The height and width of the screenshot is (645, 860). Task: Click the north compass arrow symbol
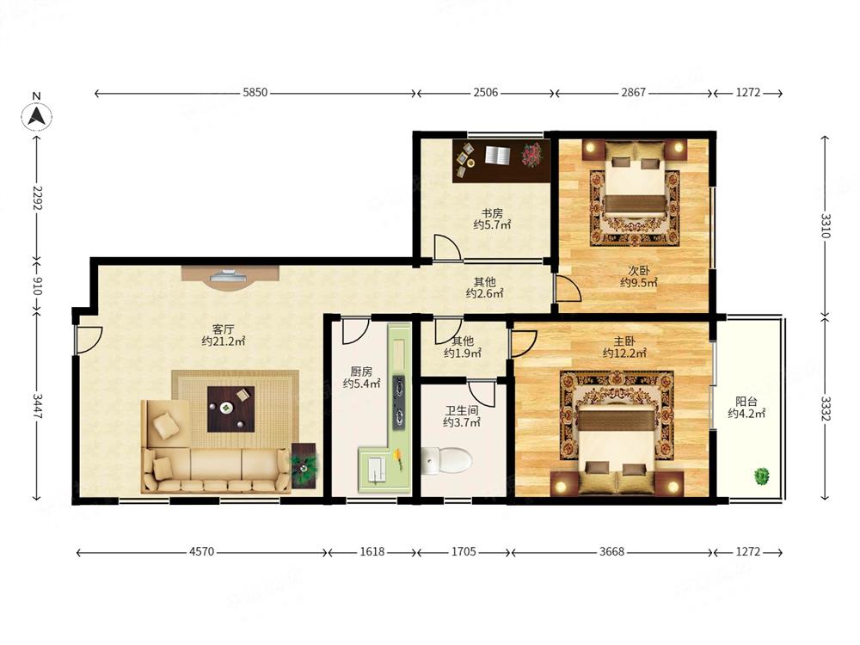(x=37, y=116)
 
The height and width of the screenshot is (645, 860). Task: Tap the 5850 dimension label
(x=255, y=92)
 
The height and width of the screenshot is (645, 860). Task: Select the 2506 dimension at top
(x=485, y=92)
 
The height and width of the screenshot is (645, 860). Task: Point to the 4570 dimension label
(x=202, y=552)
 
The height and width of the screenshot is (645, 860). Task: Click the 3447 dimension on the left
(x=37, y=406)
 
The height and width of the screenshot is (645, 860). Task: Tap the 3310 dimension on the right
(x=826, y=225)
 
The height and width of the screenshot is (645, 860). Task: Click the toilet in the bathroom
(x=446, y=459)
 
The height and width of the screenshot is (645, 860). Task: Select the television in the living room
(x=230, y=275)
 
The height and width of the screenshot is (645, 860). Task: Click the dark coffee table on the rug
(x=230, y=408)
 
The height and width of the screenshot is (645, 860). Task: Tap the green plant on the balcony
(x=762, y=476)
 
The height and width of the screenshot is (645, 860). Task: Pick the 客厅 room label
(x=224, y=329)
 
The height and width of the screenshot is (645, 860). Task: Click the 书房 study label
(x=492, y=212)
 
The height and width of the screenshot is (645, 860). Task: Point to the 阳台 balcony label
(x=746, y=402)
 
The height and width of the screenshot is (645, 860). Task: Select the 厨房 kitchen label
(x=361, y=372)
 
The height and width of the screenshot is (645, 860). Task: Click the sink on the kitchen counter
(x=375, y=470)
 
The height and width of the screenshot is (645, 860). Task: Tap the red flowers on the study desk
(x=531, y=155)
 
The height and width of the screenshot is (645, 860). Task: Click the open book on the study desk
(x=497, y=155)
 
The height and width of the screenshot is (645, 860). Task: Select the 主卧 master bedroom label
(x=624, y=341)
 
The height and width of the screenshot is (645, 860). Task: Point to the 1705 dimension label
(x=464, y=552)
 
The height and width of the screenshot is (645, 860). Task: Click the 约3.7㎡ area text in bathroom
(x=462, y=422)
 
